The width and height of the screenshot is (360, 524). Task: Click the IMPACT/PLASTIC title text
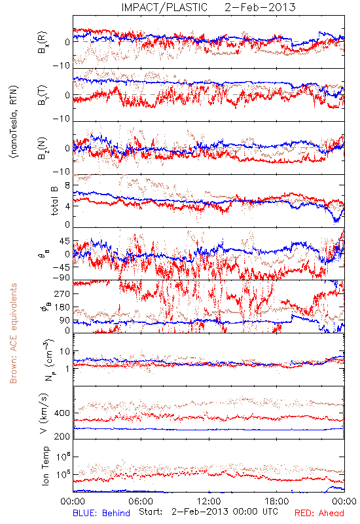[164, 7]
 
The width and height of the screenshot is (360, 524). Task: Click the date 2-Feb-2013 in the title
[260, 7]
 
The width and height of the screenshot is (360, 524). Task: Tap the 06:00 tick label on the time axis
[141, 501]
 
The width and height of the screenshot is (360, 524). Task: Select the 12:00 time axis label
[209, 501]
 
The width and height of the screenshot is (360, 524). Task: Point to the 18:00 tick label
[277, 501]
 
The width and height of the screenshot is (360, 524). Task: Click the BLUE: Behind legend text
[101, 513]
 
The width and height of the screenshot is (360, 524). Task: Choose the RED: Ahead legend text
[319, 513]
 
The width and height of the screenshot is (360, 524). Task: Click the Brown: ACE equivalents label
[13, 333]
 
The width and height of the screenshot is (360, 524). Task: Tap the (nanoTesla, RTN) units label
[14, 121]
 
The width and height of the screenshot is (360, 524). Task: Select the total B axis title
[54, 201]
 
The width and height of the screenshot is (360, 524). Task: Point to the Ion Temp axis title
[45, 466]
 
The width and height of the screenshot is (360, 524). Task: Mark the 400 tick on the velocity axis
[62, 413]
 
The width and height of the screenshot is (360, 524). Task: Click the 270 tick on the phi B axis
[62, 293]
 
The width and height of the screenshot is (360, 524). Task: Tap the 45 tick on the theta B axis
[64, 241]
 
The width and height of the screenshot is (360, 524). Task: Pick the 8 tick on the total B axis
[67, 185]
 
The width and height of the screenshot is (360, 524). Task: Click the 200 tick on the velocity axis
[62, 436]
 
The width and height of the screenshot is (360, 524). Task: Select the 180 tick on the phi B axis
[62, 307]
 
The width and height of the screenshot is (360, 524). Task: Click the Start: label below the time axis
[151, 512]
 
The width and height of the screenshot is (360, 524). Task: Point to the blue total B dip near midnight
[336, 219]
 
